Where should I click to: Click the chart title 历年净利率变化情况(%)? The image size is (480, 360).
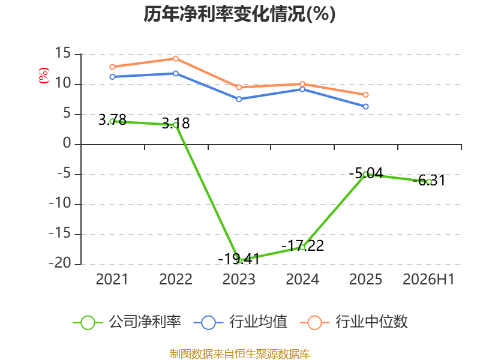(x=239, y=14)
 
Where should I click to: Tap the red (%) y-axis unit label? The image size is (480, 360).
(x=43, y=76)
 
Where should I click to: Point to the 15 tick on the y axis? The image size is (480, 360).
(x=63, y=53)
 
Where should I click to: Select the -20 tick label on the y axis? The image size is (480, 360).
(x=60, y=263)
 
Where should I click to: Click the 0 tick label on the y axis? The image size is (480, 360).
(x=67, y=143)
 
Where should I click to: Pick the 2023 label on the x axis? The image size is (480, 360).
(x=239, y=279)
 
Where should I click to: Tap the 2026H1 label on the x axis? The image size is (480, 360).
(x=428, y=279)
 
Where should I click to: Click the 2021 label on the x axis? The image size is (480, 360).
(x=112, y=279)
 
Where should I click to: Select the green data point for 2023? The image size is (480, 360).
(x=239, y=260)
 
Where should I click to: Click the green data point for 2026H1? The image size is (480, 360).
(x=429, y=182)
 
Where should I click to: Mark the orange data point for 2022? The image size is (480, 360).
(x=176, y=58)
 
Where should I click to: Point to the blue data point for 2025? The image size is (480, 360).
(x=366, y=107)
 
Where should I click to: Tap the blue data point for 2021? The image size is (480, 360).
(x=112, y=77)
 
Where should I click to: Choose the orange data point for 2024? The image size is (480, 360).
(x=302, y=84)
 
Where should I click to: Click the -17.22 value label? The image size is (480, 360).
(x=302, y=245)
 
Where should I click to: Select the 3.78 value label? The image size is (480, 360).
(x=112, y=119)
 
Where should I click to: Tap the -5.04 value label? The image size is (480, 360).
(x=366, y=173)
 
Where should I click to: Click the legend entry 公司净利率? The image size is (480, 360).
(x=127, y=322)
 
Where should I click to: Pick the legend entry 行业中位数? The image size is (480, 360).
(x=353, y=322)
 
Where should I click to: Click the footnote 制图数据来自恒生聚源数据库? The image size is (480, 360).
(x=240, y=354)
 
